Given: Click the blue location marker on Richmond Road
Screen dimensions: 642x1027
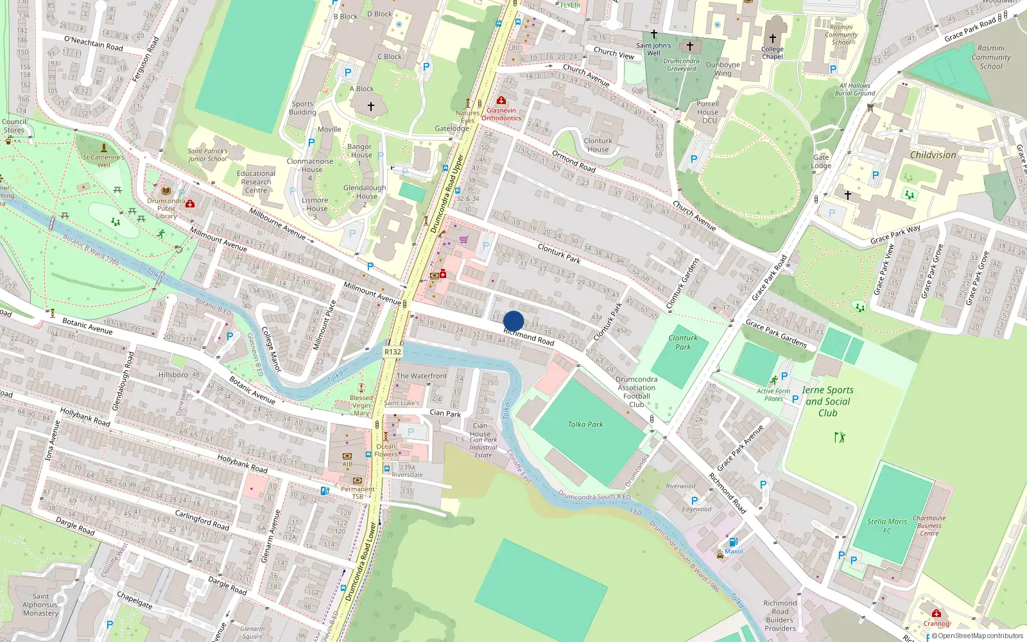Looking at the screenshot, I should tap(513, 321).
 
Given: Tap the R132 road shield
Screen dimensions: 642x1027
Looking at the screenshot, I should tap(392, 352).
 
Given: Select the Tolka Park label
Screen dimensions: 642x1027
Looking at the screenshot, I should tap(585, 424).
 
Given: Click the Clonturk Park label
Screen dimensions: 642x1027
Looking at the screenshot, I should tap(683, 342).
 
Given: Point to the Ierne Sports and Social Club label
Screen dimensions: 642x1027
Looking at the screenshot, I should tap(827, 401).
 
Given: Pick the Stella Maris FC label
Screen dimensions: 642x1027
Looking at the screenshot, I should tap(887, 526).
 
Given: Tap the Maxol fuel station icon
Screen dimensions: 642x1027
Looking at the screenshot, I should tap(734, 542).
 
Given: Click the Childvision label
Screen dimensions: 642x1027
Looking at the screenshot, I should tap(933, 155).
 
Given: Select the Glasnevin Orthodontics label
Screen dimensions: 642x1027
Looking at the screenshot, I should tap(501, 114).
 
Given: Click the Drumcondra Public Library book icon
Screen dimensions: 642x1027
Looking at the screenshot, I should tap(166, 191).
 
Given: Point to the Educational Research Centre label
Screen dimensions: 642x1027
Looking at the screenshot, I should tap(256, 182).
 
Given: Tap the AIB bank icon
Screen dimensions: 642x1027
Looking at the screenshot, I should tap(347, 456).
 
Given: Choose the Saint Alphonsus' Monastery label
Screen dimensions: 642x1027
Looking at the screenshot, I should tap(40, 605).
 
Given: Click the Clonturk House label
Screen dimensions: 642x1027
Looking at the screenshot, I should tap(598, 145).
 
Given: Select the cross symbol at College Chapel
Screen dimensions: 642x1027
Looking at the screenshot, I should tap(773, 39).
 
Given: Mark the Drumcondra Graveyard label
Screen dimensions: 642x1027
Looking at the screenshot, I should tap(681, 65).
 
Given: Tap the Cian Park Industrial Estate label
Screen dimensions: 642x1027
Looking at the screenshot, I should tap(483, 447).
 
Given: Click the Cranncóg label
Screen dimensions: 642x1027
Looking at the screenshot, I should tap(936, 623).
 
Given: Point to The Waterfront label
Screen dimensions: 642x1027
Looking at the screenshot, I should tap(422, 376).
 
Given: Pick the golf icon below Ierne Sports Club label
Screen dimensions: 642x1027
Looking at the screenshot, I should tap(840, 437).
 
